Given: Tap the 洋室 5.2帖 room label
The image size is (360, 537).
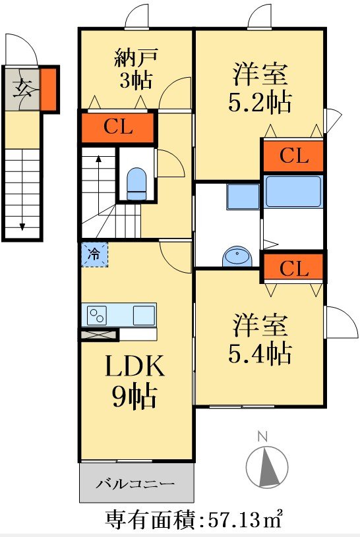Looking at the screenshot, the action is tap(260, 88).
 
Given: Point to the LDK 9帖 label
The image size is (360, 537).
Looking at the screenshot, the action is tap(135, 381).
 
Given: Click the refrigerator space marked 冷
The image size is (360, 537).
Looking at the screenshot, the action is tap(94, 254).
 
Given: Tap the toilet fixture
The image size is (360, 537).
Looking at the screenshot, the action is tap(136, 184).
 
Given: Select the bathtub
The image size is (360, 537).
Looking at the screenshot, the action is tap(293, 192).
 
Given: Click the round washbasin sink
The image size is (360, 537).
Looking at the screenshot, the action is tap(237, 256).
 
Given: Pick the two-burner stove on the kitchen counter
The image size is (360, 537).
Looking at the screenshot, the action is tap(97, 315).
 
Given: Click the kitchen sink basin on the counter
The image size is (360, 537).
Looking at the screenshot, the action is tap(144, 315).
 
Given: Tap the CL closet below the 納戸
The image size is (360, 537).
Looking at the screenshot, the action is tap(117, 127).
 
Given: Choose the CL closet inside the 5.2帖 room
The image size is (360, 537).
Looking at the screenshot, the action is tap(293, 156).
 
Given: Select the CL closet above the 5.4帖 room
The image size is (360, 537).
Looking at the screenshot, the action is tap(293, 268).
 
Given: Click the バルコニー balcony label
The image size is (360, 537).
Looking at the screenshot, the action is tap(135, 484).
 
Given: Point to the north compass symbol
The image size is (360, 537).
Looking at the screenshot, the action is tap(267, 463).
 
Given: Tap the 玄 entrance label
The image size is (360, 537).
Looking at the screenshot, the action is tap(22, 88).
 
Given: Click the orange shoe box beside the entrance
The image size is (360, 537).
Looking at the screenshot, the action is tap(49, 90).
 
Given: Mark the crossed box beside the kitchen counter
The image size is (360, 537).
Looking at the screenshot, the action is tap(99, 335).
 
